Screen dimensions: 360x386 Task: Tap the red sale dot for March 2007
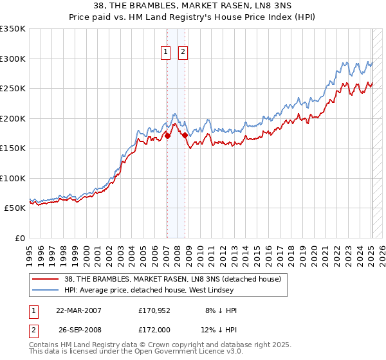pyautogui.click(x=167, y=136)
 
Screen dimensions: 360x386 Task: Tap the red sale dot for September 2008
pyautogui.click(x=185, y=135)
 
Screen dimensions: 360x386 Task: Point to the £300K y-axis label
pyautogui.click(x=13, y=59)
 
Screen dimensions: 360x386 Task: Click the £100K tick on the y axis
pyautogui.click(x=13, y=178)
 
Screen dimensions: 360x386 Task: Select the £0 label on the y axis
pyautogui.click(x=19, y=238)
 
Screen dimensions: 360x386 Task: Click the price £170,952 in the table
pyautogui.click(x=154, y=310)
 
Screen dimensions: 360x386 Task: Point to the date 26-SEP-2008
pyautogui.click(x=79, y=329)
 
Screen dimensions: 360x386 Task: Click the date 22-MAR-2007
pyautogui.click(x=79, y=310)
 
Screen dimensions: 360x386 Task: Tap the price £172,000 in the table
pyautogui.click(x=154, y=329)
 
